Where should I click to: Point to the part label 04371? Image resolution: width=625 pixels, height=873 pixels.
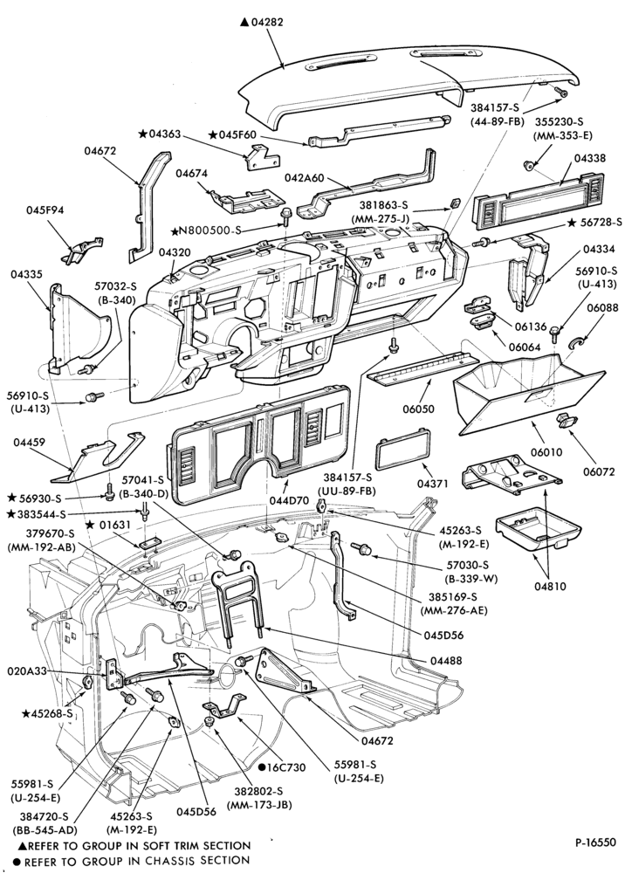pos(432,484)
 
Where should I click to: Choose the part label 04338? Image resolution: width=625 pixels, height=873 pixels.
pos(589,158)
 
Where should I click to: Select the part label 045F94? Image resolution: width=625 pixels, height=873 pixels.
pos(45,210)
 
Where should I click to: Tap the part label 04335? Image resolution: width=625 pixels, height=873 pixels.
pos(27,274)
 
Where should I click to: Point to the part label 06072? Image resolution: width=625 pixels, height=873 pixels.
pos(599,471)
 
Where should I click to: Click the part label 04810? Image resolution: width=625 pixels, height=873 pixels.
pos(551,586)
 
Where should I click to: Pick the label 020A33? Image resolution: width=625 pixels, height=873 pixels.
pos(27,671)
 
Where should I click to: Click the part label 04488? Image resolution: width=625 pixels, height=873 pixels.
pos(446,660)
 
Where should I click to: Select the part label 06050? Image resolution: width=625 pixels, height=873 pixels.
pos(418,409)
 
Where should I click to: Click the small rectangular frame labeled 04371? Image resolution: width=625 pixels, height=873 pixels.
pos(404,450)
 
